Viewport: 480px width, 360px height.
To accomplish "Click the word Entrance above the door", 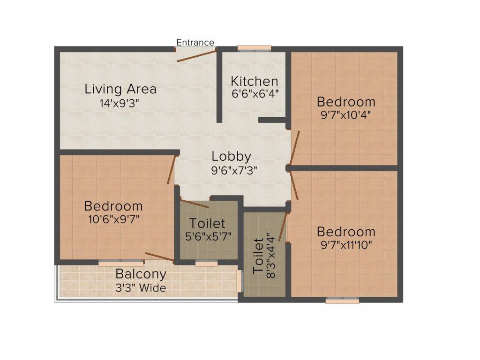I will pyautogui.click(x=195, y=43).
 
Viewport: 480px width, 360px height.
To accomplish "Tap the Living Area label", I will pyautogui.click(x=120, y=89).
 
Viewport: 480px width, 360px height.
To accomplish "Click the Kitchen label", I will pyautogui.click(x=255, y=81).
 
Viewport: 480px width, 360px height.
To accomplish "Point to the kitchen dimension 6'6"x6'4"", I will pyautogui.click(x=255, y=93).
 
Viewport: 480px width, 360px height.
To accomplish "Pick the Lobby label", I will pyautogui.click(x=231, y=157).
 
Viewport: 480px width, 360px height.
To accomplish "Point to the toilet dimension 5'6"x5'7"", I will pyautogui.click(x=208, y=236).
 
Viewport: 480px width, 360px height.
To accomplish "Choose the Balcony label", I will pyautogui.click(x=141, y=274).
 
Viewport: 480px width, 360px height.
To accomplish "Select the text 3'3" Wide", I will pyautogui.click(x=141, y=287).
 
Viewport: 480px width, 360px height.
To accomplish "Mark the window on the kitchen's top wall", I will pyautogui.click(x=254, y=47).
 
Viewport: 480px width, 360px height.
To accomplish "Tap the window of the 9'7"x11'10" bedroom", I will pyautogui.click(x=342, y=300).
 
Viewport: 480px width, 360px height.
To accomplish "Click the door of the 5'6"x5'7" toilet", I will pyautogui.click(x=194, y=203).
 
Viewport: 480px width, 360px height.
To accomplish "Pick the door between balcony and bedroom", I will pyautogui.click(x=159, y=256).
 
